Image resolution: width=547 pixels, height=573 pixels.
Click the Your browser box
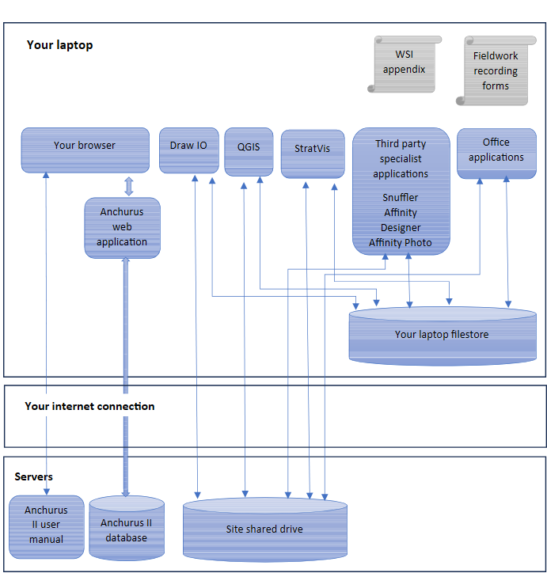point(85,150)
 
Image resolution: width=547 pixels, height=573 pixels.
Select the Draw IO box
point(189,150)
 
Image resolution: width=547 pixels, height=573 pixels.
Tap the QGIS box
point(249,152)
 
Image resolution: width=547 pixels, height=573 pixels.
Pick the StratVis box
point(313,154)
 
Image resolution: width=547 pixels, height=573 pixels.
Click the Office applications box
point(496,154)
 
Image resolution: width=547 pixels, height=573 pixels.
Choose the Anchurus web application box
point(123,228)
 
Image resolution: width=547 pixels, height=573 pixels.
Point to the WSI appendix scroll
point(405,64)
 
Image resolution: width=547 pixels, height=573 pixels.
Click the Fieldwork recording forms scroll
point(496,70)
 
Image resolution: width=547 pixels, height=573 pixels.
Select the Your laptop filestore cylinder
point(443,336)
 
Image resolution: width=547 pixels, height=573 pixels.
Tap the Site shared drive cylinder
point(265,529)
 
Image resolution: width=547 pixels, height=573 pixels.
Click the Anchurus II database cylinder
point(127,528)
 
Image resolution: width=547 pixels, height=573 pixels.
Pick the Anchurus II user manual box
point(47,527)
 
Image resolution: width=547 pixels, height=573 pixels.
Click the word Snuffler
point(400,198)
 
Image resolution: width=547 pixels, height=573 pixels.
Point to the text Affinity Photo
point(400,243)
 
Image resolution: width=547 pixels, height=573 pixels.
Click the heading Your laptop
point(59,45)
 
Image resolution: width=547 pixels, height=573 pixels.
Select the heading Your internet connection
point(89,406)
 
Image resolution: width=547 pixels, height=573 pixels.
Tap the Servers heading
point(33,476)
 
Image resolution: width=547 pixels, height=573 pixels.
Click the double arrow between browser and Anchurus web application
point(128,186)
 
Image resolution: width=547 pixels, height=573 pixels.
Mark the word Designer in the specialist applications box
point(401,228)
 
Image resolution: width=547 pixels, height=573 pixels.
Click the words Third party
point(401,143)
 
